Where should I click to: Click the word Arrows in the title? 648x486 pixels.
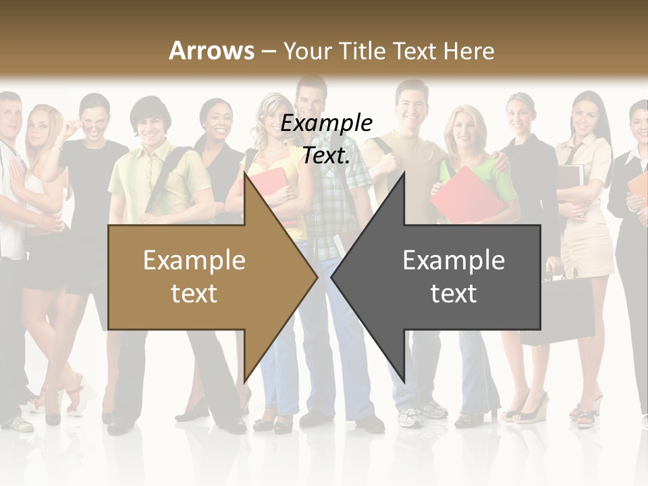pyautogui.click(x=211, y=51)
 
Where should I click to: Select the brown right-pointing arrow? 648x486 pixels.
pyautogui.click(x=202, y=277)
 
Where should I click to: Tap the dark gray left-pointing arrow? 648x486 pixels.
pyautogui.click(x=446, y=277)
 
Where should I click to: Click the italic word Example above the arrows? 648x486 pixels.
pyautogui.click(x=326, y=124)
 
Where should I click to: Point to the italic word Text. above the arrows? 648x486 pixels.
pyautogui.click(x=326, y=155)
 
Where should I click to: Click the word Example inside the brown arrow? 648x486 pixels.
pyautogui.click(x=194, y=261)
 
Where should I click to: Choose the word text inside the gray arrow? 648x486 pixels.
pyautogui.click(x=454, y=294)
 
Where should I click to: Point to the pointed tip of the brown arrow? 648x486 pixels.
pyautogui.click(x=317, y=277)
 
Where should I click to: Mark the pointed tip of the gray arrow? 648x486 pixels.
pyautogui.click(x=332, y=277)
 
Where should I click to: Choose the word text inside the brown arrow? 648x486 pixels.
pyautogui.click(x=194, y=294)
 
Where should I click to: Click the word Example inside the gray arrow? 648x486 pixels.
pyautogui.click(x=454, y=261)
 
